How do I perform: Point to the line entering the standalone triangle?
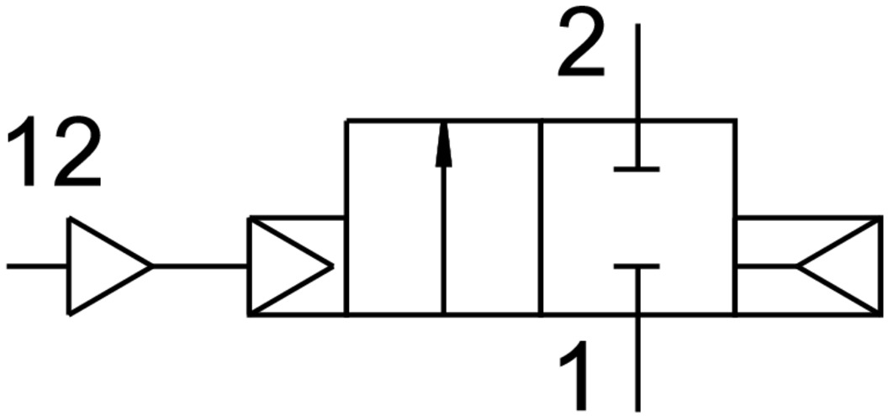pyautogui.click(x=37, y=266)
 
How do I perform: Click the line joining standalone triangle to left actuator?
pyautogui.click(x=200, y=266)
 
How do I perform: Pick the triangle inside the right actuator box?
pyautogui.click(x=841, y=266)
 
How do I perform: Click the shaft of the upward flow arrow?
pyautogui.click(x=444, y=244)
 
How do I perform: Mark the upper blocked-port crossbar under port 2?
pyautogui.click(x=637, y=169)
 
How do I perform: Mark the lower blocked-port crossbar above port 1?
pyautogui.click(x=637, y=267)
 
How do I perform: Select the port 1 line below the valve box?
pyautogui.click(x=637, y=361)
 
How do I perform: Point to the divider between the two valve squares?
pyautogui.click(x=542, y=219)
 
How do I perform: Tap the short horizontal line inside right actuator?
pyautogui.click(x=765, y=266)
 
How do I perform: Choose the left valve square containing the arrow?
pyautogui.click(x=395, y=219)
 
